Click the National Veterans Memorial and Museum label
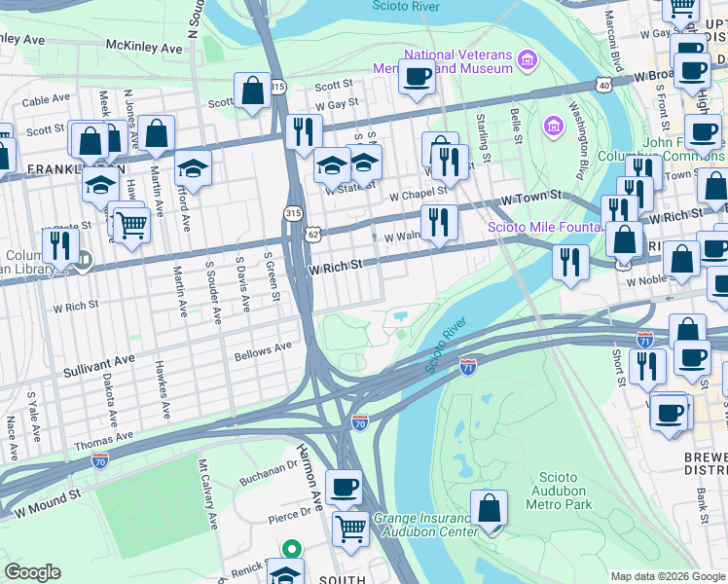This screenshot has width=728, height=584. coord(444,61)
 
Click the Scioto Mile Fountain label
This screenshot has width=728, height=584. coord(543,228)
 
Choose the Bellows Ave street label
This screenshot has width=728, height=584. coord(263,347)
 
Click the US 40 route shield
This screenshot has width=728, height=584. coord(604,86)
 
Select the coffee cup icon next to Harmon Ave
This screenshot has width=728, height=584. coord(343,487)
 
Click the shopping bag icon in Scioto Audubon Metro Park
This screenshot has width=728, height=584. coord(489,507)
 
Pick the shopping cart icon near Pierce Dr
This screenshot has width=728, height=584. coord(350,529)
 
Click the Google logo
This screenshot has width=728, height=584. coord(33,572)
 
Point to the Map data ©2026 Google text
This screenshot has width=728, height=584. coord(666,576)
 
